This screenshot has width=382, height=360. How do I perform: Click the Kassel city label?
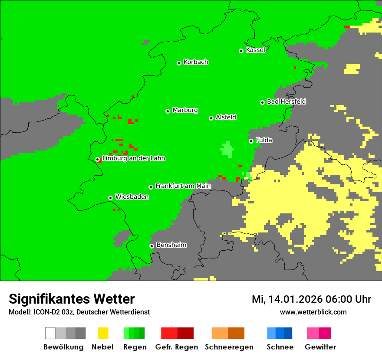click(255, 50)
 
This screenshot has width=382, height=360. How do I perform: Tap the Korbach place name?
click(196, 62)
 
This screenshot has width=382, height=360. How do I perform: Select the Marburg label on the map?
click(185, 110)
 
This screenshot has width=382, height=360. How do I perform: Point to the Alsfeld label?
click(226, 118)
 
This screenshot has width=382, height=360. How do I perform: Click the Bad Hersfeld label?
click(286, 101)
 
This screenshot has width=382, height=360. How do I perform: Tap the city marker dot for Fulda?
click(251, 141)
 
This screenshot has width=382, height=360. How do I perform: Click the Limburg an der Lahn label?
click(133, 158)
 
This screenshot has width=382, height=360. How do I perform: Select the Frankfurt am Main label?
click(183, 186)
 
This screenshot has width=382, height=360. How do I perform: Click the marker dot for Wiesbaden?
click(111, 198)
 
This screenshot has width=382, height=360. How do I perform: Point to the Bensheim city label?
click(171, 245)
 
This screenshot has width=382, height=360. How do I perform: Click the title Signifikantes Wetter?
click(72, 299)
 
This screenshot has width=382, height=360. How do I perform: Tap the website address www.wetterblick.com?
click(313, 312)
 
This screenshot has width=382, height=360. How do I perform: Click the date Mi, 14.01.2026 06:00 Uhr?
click(311, 299)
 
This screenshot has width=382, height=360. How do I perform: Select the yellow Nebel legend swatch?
click(103, 333)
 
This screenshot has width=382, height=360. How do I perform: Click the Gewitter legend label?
click(320, 347)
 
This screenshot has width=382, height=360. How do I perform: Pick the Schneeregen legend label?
click(229, 347)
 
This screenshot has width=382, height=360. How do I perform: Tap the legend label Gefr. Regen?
click(176, 347)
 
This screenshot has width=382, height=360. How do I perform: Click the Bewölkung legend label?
click(63, 347)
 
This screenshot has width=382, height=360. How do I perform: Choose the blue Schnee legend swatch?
click(280, 333)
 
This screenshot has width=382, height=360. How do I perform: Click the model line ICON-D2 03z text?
click(79, 312)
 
